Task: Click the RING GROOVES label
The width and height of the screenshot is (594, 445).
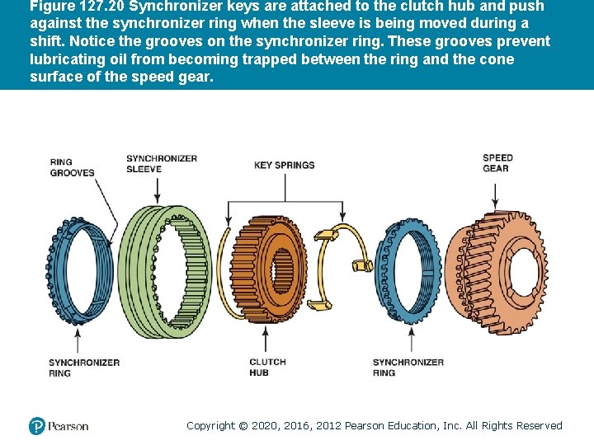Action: (73, 167)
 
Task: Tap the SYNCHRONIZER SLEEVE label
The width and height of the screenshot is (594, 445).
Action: (162, 163)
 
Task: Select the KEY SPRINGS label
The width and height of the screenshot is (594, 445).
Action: (284, 165)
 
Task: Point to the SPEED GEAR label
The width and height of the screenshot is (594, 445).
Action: (497, 162)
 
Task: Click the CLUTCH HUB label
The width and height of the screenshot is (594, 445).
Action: (267, 368)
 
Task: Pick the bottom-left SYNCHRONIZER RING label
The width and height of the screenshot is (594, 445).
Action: (84, 368)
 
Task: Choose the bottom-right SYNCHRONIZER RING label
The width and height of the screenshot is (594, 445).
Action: (408, 368)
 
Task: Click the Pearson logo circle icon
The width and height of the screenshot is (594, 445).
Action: (36, 426)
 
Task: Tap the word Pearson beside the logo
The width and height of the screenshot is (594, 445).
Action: (68, 426)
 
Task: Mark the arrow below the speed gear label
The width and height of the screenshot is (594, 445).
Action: (495, 194)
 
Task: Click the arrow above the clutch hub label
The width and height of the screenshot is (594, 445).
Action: (266, 338)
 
